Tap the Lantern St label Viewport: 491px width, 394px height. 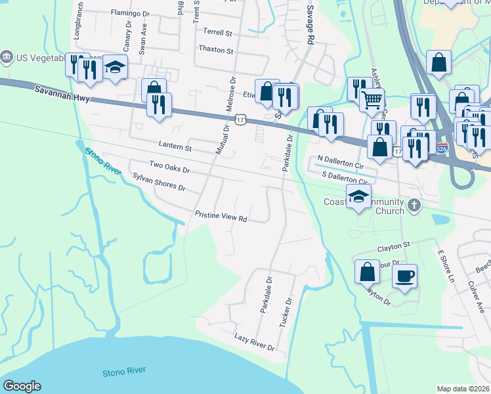pos(175,148)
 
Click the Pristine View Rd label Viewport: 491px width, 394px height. pos(221,215)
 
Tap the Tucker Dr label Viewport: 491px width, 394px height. pos(286,312)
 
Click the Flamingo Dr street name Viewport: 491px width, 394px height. pos(131,12)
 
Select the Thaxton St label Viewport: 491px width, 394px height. pos(215,50)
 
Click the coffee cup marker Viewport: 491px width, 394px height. pos(405,275)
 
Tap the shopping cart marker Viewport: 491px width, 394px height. pos(372,100)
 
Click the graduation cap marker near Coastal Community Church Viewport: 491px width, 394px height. pos(359,196)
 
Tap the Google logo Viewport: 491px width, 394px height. pos(22,386)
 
